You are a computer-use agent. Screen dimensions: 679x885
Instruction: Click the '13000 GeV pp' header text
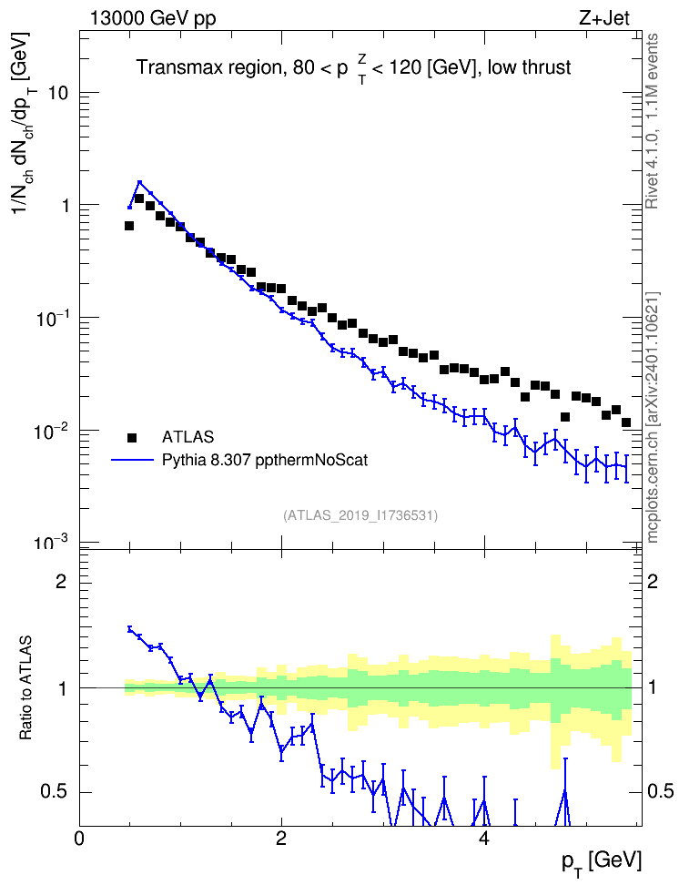[152, 19]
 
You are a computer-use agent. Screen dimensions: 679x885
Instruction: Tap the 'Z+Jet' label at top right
[604, 19]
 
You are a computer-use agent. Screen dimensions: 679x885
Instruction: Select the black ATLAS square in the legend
[132, 437]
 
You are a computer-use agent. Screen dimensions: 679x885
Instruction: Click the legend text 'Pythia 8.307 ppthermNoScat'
[265, 460]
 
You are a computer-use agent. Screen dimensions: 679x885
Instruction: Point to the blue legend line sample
[132, 460]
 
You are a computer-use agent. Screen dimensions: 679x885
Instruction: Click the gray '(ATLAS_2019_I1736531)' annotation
[360, 514]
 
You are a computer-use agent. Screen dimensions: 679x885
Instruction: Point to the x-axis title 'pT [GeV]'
[602, 863]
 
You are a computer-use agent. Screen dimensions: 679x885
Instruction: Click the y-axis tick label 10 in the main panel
[58, 93]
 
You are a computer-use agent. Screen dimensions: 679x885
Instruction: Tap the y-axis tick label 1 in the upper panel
[66, 205]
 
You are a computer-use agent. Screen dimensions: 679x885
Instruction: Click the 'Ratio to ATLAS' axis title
[25, 688]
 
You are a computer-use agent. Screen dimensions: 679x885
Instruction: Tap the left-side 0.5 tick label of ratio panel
[55, 792]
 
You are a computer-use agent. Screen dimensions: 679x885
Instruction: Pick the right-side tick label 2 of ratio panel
[653, 581]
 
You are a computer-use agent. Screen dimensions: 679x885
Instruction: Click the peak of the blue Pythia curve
[139, 182]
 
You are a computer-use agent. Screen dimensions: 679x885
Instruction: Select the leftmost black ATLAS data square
[128, 226]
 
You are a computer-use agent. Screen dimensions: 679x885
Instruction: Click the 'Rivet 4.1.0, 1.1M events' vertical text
[652, 121]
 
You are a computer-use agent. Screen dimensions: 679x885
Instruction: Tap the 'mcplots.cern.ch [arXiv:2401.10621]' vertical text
[653, 417]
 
